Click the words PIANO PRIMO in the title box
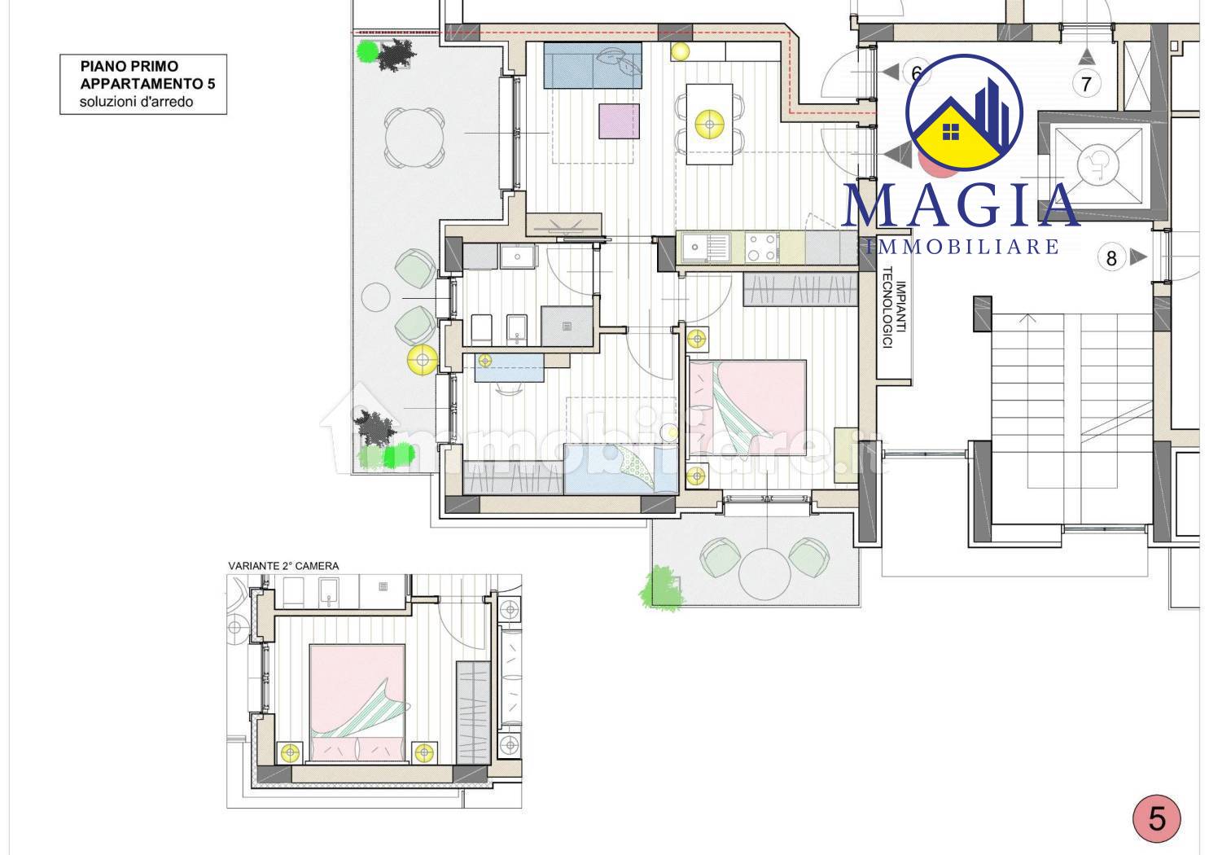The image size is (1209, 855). [129, 67]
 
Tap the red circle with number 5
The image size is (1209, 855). [1157, 819]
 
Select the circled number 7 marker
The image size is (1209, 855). [1086, 84]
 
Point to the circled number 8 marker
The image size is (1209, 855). [1111, 258]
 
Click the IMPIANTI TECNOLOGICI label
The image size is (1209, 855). [893, 307]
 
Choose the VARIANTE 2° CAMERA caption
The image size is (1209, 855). [283, 566]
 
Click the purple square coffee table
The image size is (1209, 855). [619, 121]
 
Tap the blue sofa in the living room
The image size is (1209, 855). [593, 65]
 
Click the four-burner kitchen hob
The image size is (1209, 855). [762, 248]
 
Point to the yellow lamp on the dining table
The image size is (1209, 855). [709, 125]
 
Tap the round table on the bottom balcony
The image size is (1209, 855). [764, 573]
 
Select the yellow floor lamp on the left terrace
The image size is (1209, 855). [422, 360]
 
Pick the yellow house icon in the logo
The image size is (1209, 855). [952, 134]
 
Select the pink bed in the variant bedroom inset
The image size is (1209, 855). [357, 703]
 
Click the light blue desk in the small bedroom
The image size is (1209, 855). [509, 367]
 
